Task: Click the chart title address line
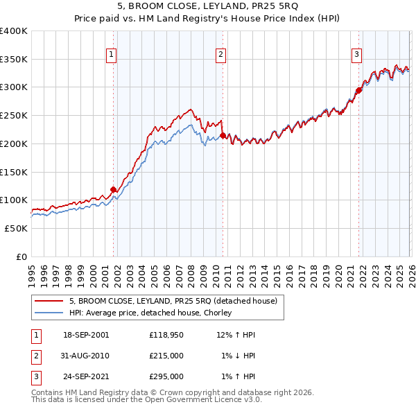coord(207,8)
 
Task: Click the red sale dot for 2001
coord(113,189)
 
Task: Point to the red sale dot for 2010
coord(223,135)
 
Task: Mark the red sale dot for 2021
coord(359,90)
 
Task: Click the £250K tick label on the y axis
coord(14,116)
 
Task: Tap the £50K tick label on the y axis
coord(16,228)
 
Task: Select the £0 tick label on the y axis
coord(22,256)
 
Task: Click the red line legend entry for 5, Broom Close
coord(173,301)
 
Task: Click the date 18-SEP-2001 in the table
coord(85,335)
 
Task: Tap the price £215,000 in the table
coord(166,356)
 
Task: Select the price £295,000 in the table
coord(166,376)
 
